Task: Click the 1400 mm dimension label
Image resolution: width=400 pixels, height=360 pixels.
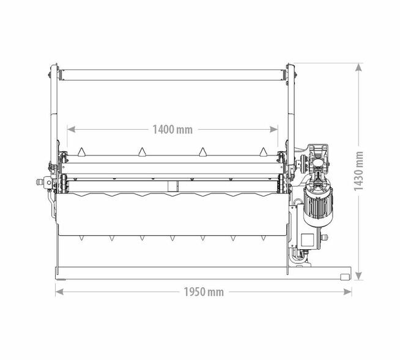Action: click(x=172, y=129)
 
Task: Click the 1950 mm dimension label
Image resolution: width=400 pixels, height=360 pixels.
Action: click(x=204, y=292)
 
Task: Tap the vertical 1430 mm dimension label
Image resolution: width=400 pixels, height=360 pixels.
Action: click(x=358, y=171)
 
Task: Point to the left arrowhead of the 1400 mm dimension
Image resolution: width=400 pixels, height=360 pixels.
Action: click(x=71, y=129)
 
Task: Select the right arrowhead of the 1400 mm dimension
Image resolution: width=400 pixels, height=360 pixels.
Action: click(x=274, y=129)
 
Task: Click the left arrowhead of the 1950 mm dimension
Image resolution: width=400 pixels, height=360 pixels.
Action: click(x=59, y=292)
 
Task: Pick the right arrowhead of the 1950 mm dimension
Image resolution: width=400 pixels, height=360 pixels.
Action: click(x=347, y=292)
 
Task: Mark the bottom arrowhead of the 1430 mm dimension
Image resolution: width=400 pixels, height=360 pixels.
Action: click(x=358, y=276)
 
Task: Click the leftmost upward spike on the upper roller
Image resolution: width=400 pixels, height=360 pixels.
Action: click(x=81, y=152)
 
